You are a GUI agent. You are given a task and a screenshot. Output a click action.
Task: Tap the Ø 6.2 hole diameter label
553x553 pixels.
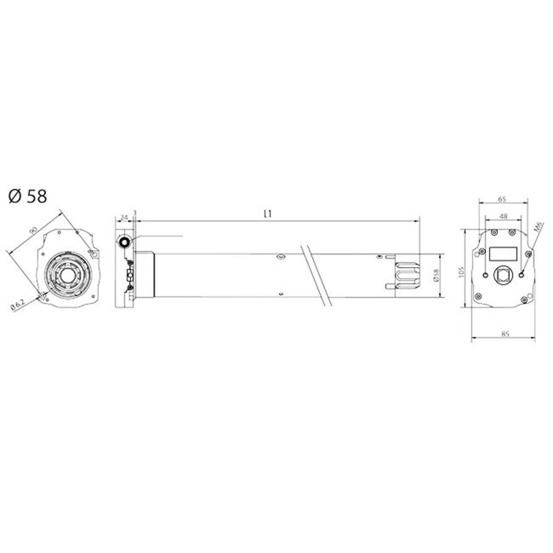18,305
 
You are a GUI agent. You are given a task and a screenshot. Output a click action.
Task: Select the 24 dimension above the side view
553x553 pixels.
123,218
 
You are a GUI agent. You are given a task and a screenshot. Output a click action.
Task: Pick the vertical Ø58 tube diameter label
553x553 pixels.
435,276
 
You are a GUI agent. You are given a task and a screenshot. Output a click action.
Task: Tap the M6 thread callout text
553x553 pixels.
538,229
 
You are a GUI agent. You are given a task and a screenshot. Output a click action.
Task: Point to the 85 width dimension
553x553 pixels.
505,334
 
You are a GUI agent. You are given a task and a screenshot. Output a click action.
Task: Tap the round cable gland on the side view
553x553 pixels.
125,244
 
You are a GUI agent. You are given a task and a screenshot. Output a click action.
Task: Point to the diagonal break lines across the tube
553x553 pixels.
312,276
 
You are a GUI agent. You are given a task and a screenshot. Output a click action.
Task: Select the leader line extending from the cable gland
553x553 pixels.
157,236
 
